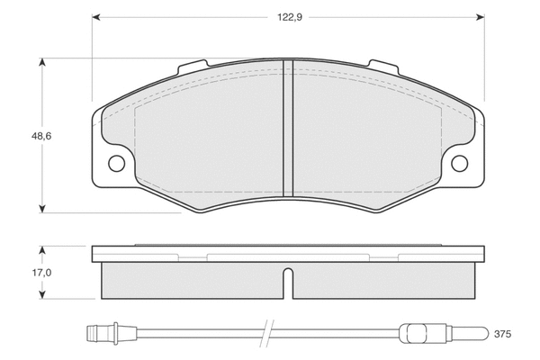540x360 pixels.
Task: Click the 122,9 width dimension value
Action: [290, 18]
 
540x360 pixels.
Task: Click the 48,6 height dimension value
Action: [41, 136]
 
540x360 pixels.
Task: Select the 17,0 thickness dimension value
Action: [41, 273]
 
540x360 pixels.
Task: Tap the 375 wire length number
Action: [502, 334]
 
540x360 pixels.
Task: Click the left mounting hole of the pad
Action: [116, 163]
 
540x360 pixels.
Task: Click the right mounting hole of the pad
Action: [459, 163]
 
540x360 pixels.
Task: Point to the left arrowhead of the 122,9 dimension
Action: [96, 17]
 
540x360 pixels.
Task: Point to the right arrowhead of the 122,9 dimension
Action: [481, 17]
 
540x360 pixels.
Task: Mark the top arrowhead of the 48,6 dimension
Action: [42, 62]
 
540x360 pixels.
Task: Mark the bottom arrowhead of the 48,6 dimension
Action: [42, 209]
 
